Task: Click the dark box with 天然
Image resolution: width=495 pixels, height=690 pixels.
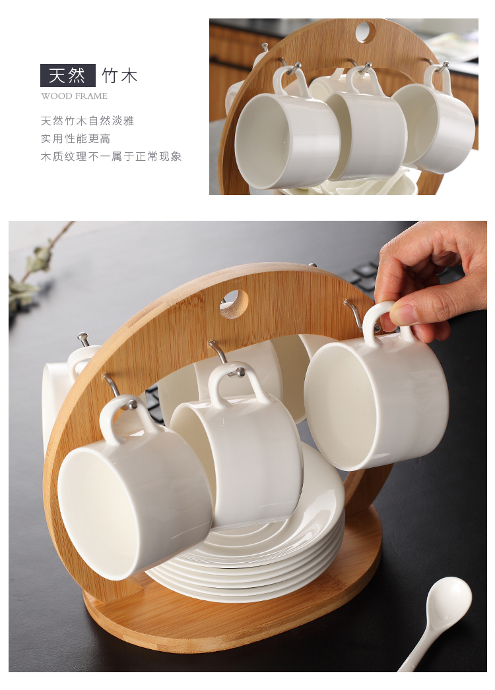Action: click(x=68, y=75)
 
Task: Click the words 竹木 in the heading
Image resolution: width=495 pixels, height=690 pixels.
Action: click(x=119, y=76)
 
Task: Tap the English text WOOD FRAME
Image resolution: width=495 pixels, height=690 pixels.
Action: click(x=74, y=96)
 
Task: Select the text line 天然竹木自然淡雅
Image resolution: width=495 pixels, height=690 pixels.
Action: click(x=87, y=121)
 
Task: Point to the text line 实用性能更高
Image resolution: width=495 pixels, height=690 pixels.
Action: click(x=75, y=138)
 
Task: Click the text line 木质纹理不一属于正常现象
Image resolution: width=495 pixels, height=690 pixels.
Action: click(x=111, y=156)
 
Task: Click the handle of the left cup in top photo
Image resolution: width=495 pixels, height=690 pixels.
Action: click(x=291, y=82)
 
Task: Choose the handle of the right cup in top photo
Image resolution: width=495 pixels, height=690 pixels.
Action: click(x=439, y=79)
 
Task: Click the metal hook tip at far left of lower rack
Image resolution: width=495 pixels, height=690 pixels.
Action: click(x=82, y=338)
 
